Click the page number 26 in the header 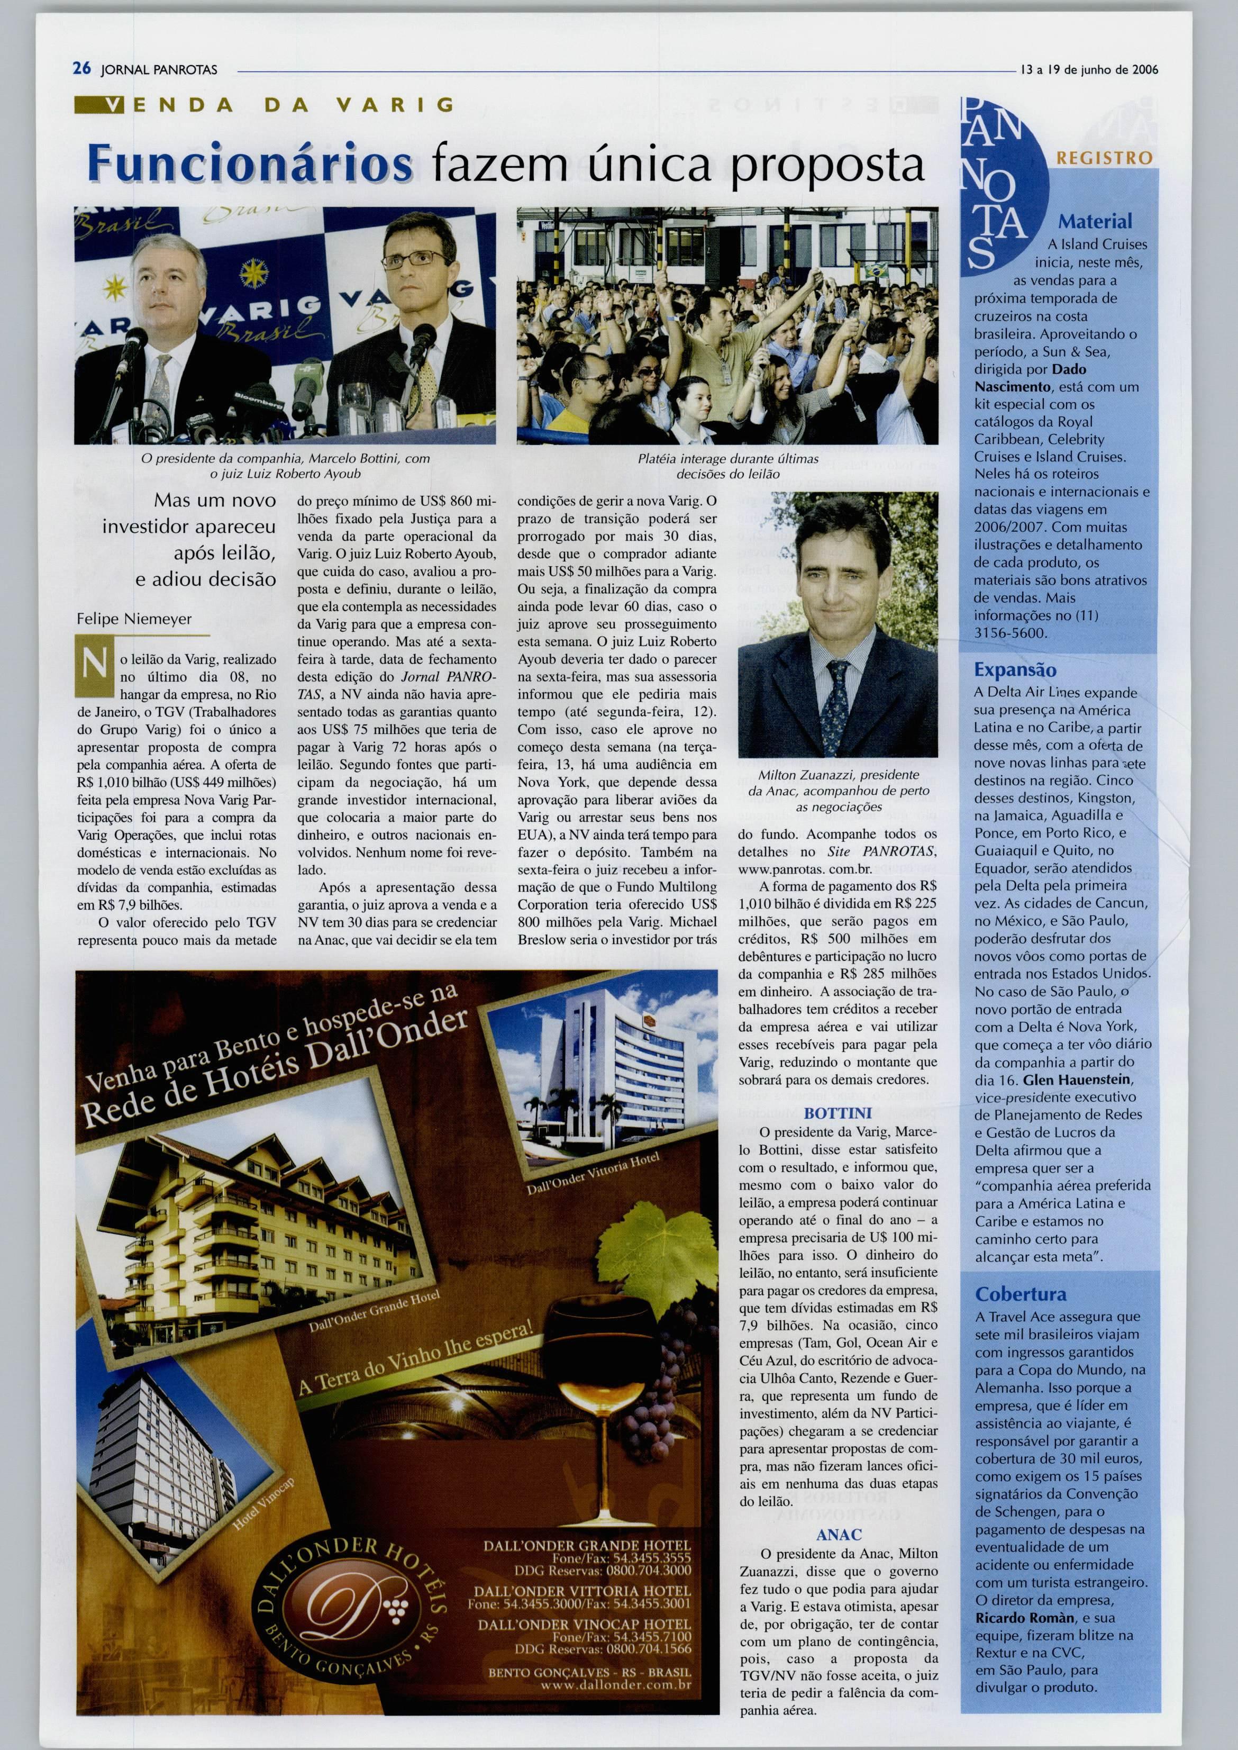tap(81, 69)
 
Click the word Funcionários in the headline tap(250, 162)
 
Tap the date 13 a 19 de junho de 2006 tap(1089, 69)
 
